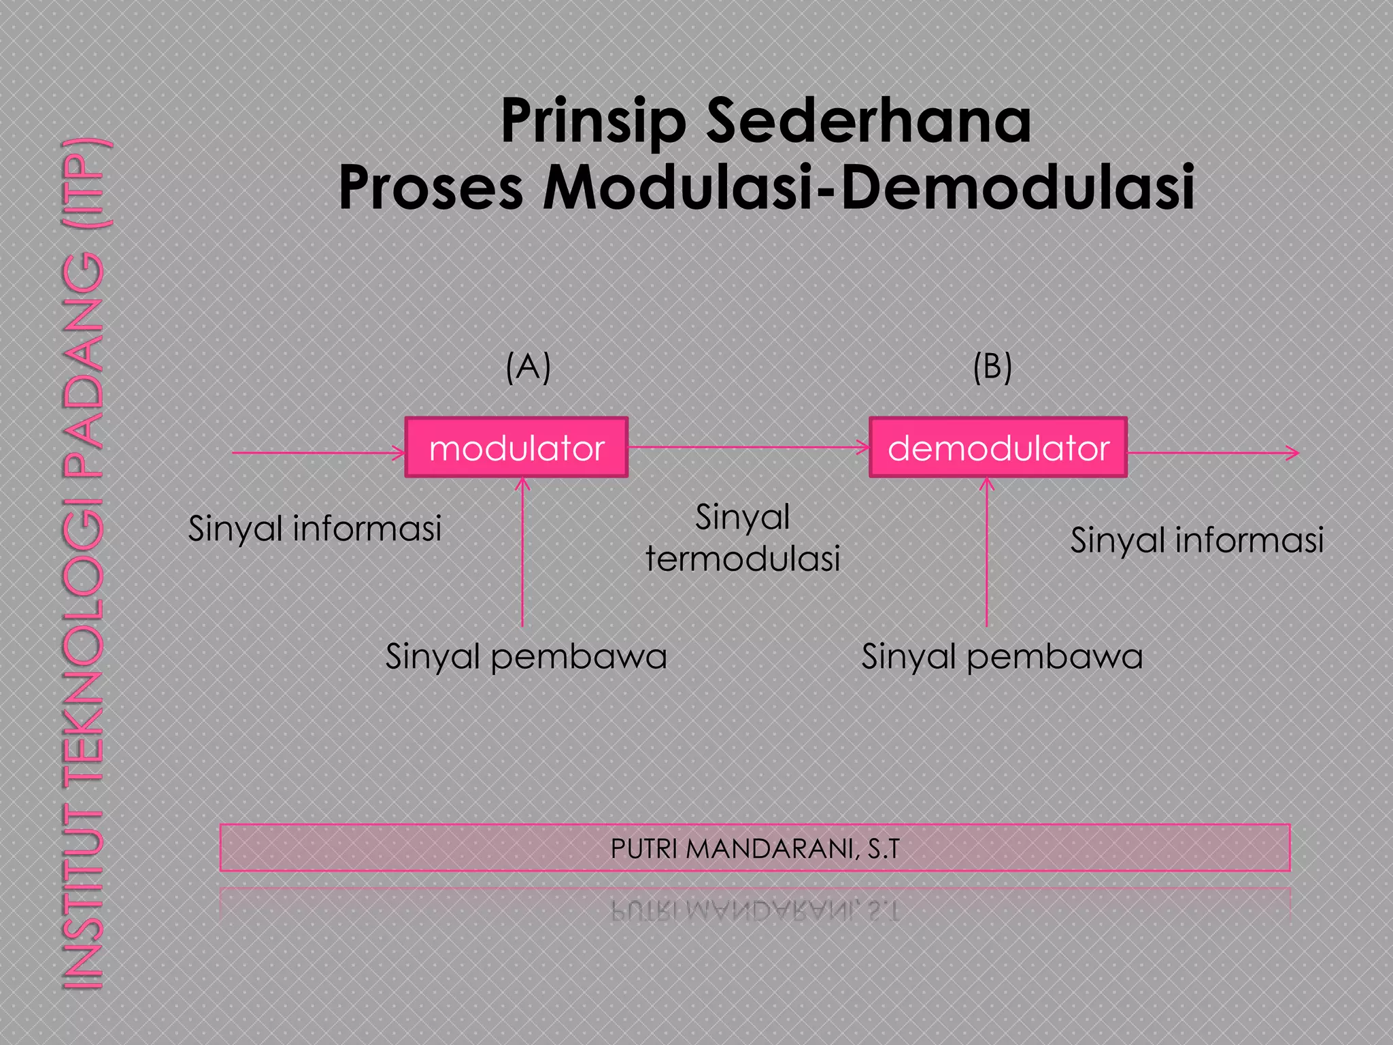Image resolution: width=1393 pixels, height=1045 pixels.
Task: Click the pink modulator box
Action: tap(516, 448)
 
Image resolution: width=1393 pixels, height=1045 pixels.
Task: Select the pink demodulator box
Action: tap(998, 448)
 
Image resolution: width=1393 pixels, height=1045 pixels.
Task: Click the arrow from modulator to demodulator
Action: tap(748, 447)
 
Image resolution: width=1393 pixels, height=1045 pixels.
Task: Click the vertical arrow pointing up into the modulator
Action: tap(522, 551)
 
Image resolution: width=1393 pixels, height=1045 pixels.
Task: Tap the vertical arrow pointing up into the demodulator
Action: tap(987, 551)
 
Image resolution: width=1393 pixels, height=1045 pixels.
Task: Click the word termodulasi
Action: tap(743, 559)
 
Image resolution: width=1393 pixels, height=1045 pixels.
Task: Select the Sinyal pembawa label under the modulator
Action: tap(526, 657)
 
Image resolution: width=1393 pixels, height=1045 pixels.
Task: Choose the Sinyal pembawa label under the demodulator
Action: tap(1002, 657)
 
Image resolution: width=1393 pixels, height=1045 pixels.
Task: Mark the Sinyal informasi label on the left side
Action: tap(315, 529)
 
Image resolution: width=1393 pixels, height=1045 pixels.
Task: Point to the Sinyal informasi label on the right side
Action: tap(1197, 540)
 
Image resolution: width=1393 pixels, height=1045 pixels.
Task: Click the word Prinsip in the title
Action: tap(593, 122)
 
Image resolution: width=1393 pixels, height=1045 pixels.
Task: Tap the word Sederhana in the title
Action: tap(869, 122)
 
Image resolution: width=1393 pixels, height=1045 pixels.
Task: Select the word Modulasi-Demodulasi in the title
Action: tap(869, 187)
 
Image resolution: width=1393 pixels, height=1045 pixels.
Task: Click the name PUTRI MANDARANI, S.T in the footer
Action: tap(755, 848)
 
